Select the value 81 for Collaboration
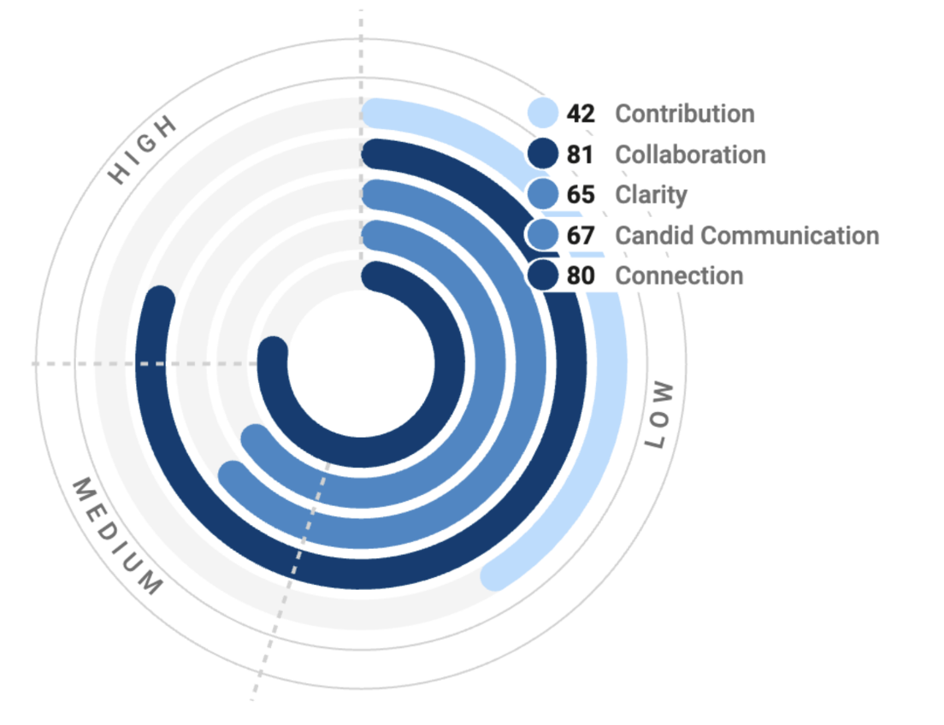click(580, 155)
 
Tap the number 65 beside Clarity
click(580, 195)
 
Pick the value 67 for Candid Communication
click(580, 235)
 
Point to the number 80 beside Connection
click(580, 275)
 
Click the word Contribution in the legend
click(685, 114)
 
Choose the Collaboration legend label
click(690, 155)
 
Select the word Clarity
click(651, 195)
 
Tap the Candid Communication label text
click(746, 235)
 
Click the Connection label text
click(679, 275)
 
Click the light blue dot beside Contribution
click(542, 113)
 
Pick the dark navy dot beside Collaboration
click(542, 154)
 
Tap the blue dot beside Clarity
click(542, 194)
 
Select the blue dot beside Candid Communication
click(542, 234)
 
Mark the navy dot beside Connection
click(542, 274)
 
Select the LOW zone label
click(658, 416)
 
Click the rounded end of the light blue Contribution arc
click(495, 575)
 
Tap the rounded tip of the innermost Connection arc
click(273, 351)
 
